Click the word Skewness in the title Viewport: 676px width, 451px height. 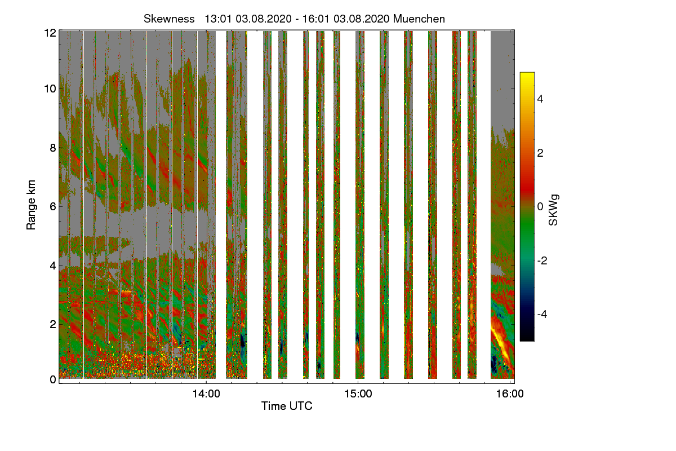click(x=167, y=19)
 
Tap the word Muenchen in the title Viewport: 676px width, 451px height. click(x=419, y=19)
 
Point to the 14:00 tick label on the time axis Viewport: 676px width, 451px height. click(x=206, y=394)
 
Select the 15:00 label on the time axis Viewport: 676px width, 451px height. click(x=358, y=394)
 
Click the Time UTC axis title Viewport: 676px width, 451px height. click(x=287, y=406)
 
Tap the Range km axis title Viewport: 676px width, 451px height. click(x=32, y=204)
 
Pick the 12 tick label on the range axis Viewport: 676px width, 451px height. click(x=49, y=33)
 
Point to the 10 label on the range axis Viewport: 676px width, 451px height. click(x=49, y=89)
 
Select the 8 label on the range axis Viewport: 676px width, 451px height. click(x=52, y=148)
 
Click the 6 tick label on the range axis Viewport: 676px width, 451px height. click(x=52, y=206)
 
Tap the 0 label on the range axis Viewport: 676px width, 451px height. click(x=52, y=379)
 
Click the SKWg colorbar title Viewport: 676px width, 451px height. click(x=554, y=209)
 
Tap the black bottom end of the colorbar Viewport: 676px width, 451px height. click(x=527, y=338)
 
